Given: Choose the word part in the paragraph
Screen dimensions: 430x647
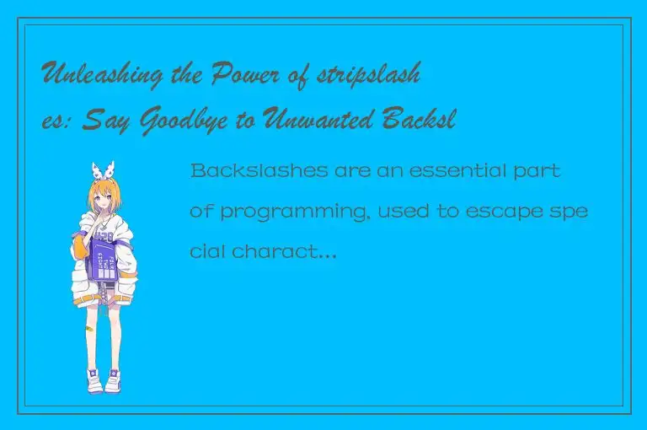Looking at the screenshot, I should (538, 171).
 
